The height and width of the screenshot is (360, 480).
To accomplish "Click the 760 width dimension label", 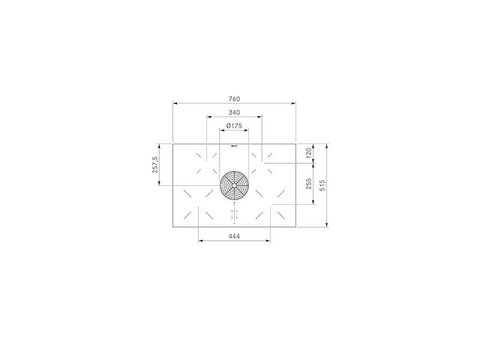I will coord(234,99).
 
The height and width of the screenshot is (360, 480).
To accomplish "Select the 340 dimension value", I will coord(234,112).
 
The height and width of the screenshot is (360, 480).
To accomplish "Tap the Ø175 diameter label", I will coord(234,125).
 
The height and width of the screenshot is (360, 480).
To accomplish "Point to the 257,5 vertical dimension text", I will coord(155,165).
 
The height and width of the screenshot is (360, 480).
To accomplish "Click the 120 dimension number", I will coord(309,153).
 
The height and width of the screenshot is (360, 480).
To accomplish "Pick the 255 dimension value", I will coord(309,184).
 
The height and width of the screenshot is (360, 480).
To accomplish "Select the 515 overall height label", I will coord(322,185).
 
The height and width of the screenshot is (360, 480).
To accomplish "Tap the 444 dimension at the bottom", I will coord(234,236).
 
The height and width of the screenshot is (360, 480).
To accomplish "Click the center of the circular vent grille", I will coord(234,184).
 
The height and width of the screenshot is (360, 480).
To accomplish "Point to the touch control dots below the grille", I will coord(234,214).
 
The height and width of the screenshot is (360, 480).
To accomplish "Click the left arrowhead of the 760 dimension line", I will coord(175,103).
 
